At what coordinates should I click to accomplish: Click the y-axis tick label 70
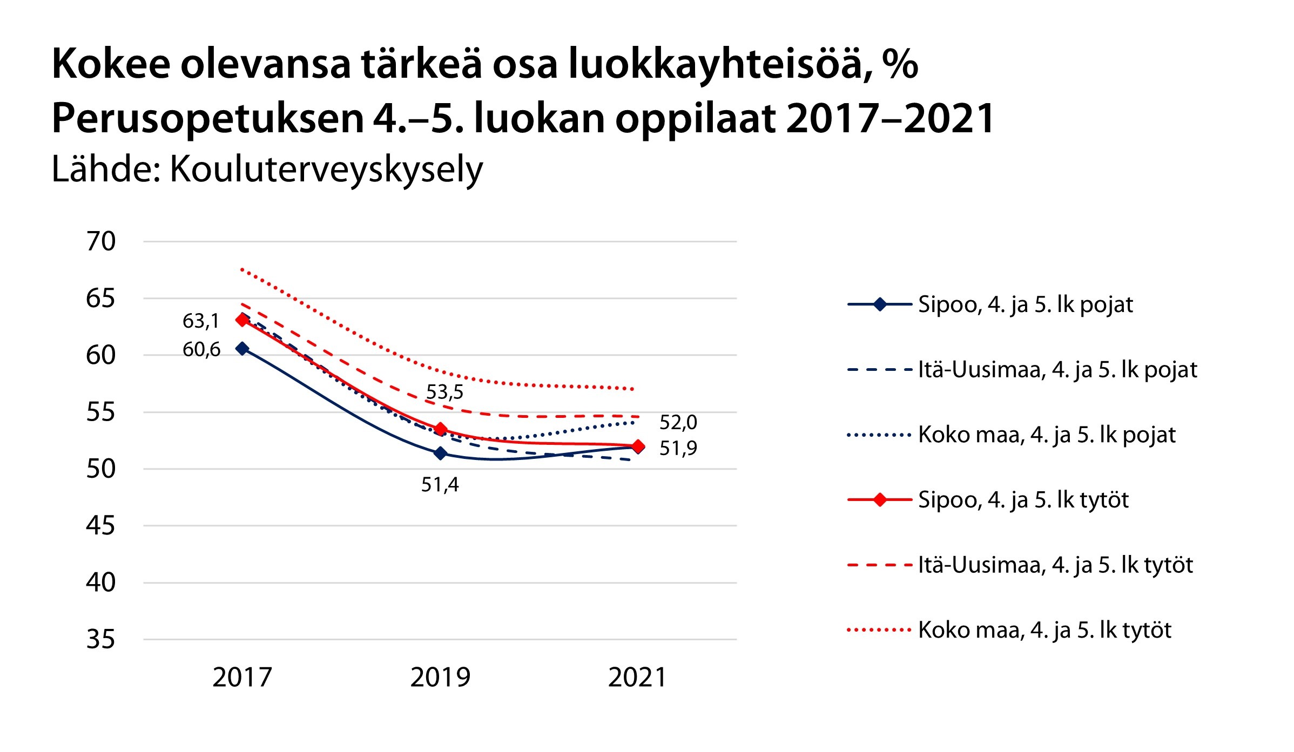[101, 241]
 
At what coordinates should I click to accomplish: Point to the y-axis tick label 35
[101, 640]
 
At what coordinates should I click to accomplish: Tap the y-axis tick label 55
[101, 412]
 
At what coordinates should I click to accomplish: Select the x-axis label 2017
[242, 678]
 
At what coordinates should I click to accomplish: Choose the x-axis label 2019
[440, 678]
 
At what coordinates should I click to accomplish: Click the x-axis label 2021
[638, 678]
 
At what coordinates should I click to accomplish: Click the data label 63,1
[201, 321]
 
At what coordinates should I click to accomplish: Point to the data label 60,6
[201, 350]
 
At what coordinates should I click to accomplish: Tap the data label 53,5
[444, 392]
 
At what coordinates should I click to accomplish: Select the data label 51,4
[440, 485]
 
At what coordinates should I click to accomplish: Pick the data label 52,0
[678, 422]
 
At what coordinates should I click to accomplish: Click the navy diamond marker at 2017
[242, 349]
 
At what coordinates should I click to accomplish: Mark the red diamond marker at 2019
[441, 429]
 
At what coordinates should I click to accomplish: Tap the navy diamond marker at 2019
[441, 453]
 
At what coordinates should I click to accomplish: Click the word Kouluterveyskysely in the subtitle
[326, 170]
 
